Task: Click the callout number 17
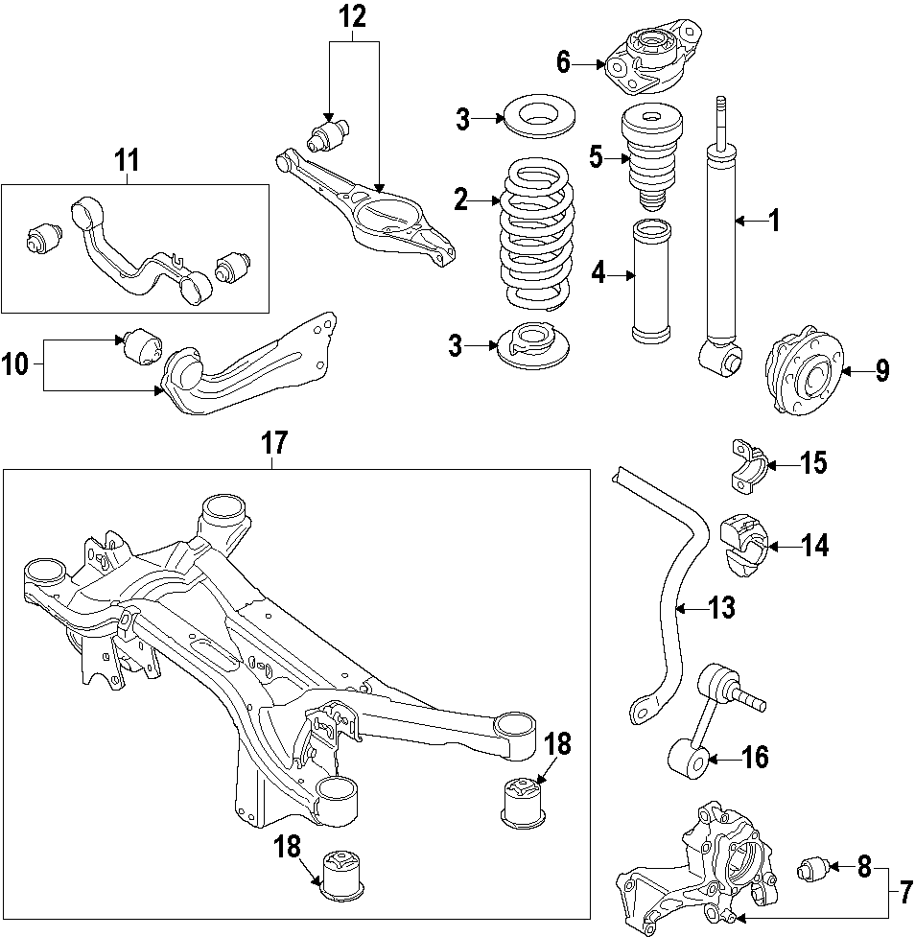coord(274,443)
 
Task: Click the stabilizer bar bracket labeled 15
coord(749,463)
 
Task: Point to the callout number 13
coord(721,606)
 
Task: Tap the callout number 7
coord(904,891)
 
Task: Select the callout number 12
coord(352,17)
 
